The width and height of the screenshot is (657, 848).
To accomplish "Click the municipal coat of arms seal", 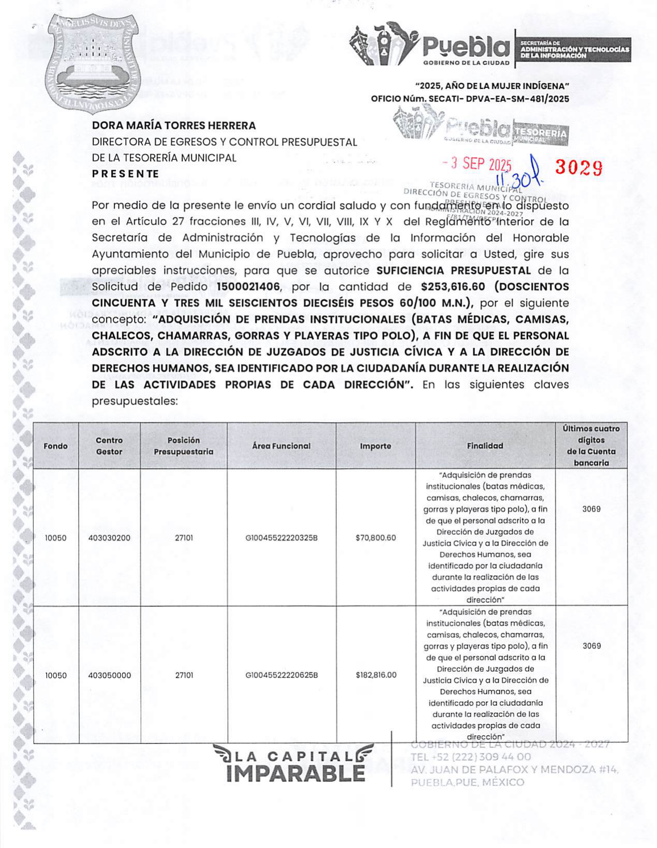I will tap(92, 61).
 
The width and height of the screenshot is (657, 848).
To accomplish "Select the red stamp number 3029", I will tap(579, 167).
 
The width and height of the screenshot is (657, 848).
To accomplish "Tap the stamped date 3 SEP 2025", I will tap(476, 164).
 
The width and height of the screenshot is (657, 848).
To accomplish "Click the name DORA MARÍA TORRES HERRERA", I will tap(174, 126).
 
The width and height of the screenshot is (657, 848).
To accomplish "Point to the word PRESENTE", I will tap(125, 174).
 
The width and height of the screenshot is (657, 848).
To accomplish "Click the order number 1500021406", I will tap(248, 287).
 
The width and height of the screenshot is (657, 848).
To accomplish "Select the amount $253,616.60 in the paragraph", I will tap(453, 287).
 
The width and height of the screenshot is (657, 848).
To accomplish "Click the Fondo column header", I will tap(55, 446).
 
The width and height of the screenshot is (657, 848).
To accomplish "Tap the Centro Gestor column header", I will tap(109, 446).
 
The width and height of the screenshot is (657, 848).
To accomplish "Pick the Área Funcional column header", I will tap(281, 446).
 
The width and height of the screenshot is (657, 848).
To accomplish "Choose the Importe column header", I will tap(376, 446).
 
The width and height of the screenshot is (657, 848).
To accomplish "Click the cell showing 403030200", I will tap(109, 538).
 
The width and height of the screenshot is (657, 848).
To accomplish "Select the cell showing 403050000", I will tap(109, 675).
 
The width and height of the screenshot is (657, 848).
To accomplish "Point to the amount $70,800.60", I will tap(376, 538).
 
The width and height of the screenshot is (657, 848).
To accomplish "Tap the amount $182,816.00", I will tap(376, 675).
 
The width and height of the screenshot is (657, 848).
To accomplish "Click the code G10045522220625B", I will tap(281, 675).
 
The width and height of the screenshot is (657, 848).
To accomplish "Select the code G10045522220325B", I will tap(281, 538).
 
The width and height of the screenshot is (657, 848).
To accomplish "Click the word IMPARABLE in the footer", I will tap(295, 774).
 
